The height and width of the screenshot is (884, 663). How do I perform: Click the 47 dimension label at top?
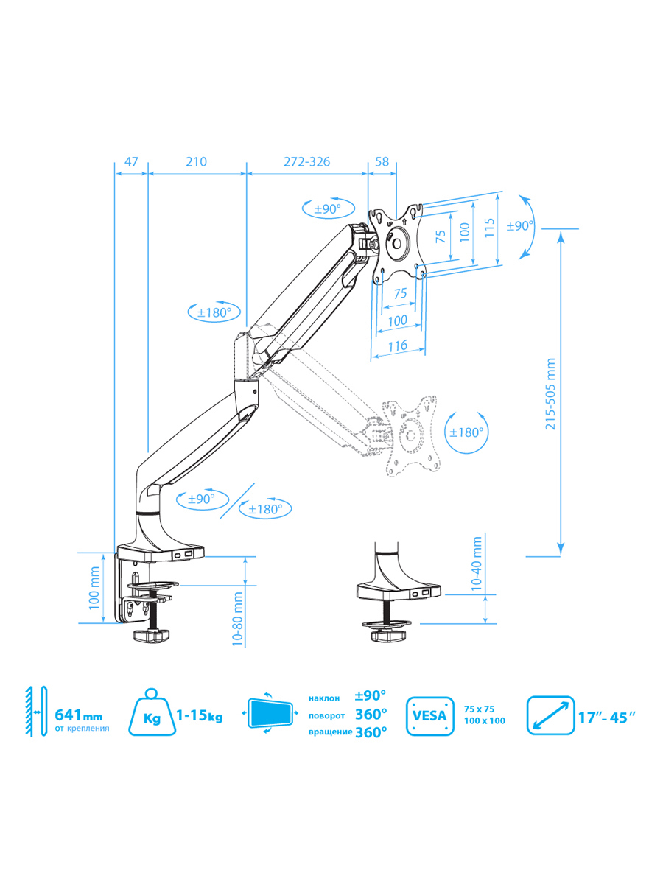coord(131,161)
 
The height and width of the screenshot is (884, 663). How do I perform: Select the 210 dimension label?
coord(197,161)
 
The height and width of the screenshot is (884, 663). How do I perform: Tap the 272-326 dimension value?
coord(306,161)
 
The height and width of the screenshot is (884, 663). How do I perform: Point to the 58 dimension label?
coord(382,161)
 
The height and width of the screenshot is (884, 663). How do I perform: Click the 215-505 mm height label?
coord(550,394)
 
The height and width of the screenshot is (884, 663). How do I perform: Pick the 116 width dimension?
coord(398,345)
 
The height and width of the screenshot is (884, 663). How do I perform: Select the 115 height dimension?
coord(488,228)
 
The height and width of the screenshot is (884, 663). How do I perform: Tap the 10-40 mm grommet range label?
coord(476,564)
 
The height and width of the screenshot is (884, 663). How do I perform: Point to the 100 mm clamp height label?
coord(94,588)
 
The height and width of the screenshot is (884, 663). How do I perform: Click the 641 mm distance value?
coord(79,715)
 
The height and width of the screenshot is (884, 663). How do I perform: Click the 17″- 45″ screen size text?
coord(607,718)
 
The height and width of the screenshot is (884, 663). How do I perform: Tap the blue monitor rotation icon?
coord(270,713)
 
